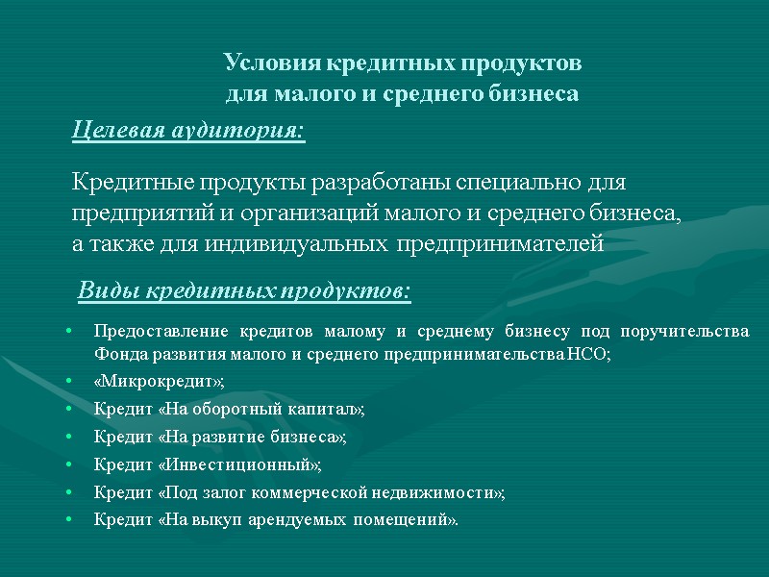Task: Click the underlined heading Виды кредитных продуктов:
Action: point(243,289)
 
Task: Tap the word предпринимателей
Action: point(499,244)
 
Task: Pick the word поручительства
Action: point(685,332)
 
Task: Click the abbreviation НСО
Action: point(589,355)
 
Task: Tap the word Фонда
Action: point(115,355)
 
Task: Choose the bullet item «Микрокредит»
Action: point(159,382)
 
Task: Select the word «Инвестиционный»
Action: point(240,464)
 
